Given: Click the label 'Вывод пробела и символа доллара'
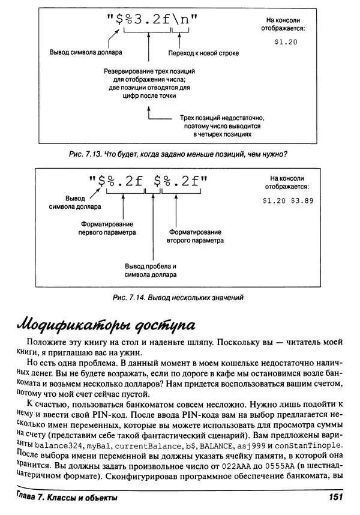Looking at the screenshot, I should coord(151,270).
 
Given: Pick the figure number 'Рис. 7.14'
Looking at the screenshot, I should coord(129,297).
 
